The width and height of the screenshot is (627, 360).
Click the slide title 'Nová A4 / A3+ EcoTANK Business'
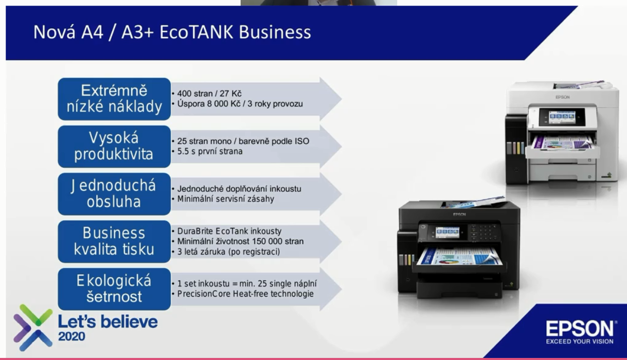(172, 32)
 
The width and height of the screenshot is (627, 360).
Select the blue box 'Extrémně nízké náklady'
(114, 99)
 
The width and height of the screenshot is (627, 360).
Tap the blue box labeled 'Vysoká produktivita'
(114, 147)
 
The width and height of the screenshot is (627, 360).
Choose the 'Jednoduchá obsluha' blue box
(114, 194)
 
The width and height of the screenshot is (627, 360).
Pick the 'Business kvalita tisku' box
(114, 242)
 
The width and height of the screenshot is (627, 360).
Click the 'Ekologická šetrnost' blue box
(114, 289)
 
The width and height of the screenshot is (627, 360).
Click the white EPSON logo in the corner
(580, 329)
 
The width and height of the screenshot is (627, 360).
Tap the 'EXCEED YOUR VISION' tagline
(580, 341)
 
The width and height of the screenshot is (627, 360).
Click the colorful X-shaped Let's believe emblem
(33, 328)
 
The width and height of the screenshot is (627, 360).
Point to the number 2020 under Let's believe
(71, 336)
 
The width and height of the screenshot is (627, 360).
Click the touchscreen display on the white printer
(562, 117)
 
